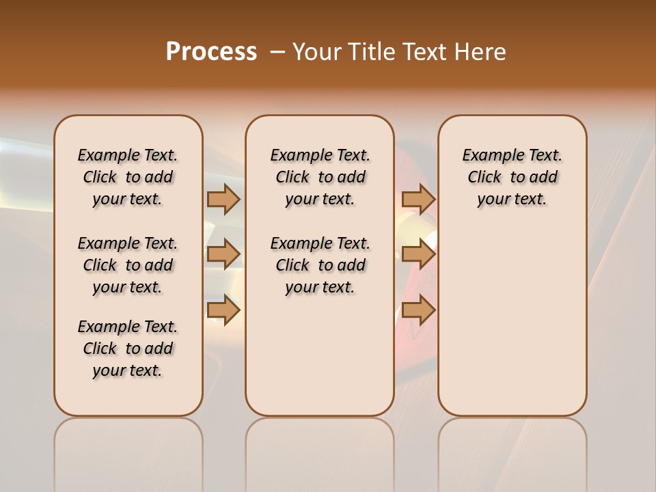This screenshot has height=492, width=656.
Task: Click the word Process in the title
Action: (x=211, y=51)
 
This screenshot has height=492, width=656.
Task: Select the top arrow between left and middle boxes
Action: (x=223, y=199)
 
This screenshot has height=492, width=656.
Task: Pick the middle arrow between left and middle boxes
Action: (x=223, y=254)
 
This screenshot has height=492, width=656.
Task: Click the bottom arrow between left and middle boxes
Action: (x=223, y=310)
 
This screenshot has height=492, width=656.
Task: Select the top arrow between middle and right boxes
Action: (x=418, y=199)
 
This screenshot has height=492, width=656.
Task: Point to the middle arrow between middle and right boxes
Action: (x=418, y=254)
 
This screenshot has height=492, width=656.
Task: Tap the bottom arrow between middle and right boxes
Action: (x=418, y=310)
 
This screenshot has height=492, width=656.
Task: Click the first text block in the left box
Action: (x=128, y=177)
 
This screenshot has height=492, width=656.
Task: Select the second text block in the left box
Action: (x=128, y=265)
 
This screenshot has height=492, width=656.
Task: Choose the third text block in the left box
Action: (x=128, y=348)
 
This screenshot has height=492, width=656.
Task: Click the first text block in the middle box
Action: (x=320, y=177)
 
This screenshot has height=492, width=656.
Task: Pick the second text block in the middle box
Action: (x=320, y=265)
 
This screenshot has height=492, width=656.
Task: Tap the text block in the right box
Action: (x=512, y=177)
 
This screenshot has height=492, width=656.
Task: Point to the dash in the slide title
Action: (x=277, y=52)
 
